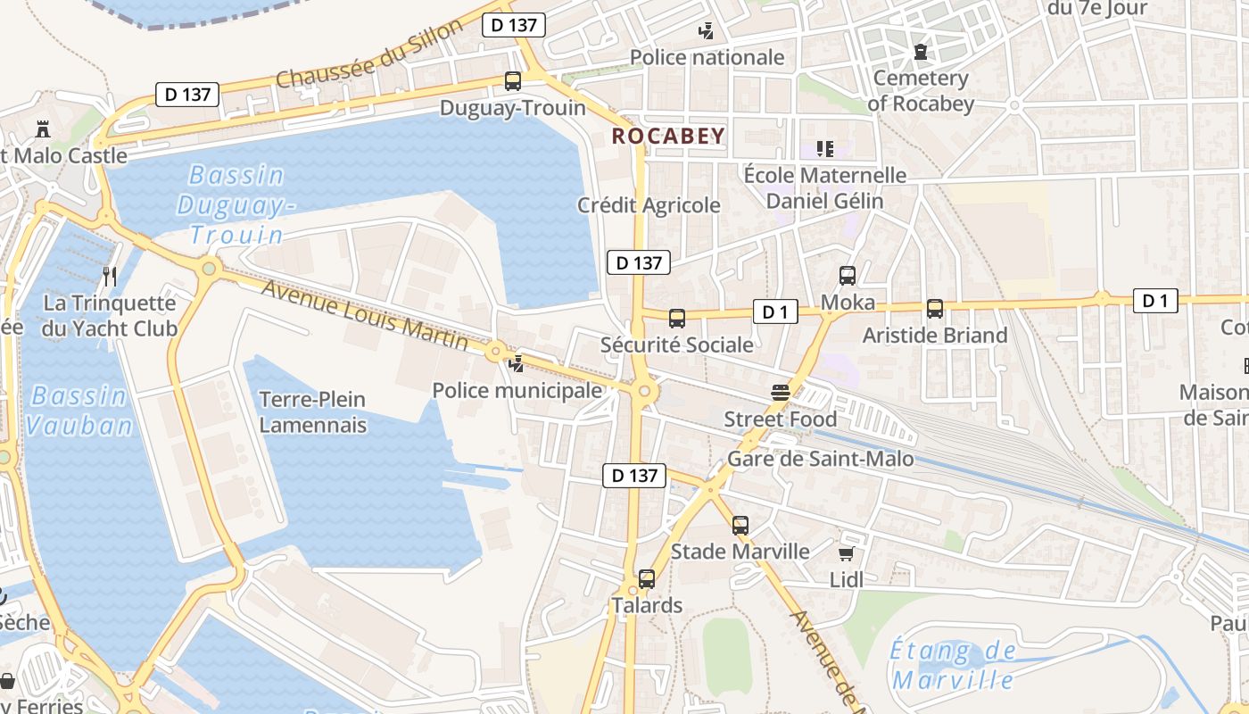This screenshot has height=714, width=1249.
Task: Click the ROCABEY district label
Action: point(668,136)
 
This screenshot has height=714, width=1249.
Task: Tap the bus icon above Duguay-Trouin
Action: point(513,81)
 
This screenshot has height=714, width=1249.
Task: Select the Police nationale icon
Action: point(706,31)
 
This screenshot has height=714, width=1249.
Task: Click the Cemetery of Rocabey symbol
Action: point(921,53)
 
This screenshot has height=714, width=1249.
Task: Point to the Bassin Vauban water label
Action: point(79,410)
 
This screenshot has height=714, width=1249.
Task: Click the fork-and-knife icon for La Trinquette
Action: point(110,276)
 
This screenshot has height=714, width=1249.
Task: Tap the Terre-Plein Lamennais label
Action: point(312,411)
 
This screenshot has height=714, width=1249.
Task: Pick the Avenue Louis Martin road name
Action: point(365,315)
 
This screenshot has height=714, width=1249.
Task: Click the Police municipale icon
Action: point(516,363)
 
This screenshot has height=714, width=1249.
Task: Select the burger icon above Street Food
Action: point(781,393)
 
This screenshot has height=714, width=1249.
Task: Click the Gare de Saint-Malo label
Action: point(821,459)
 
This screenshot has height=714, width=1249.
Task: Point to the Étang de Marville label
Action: point(953,665)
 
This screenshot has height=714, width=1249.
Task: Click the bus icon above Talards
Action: point(647,578)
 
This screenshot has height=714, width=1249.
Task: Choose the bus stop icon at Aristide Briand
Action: point(935,309)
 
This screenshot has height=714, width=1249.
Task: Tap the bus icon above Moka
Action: point(848,276)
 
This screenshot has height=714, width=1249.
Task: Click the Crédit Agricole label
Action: point(649,205)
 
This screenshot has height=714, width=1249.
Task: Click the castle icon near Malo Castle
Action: point(42,129)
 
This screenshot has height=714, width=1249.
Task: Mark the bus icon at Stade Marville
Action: point(740,525)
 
